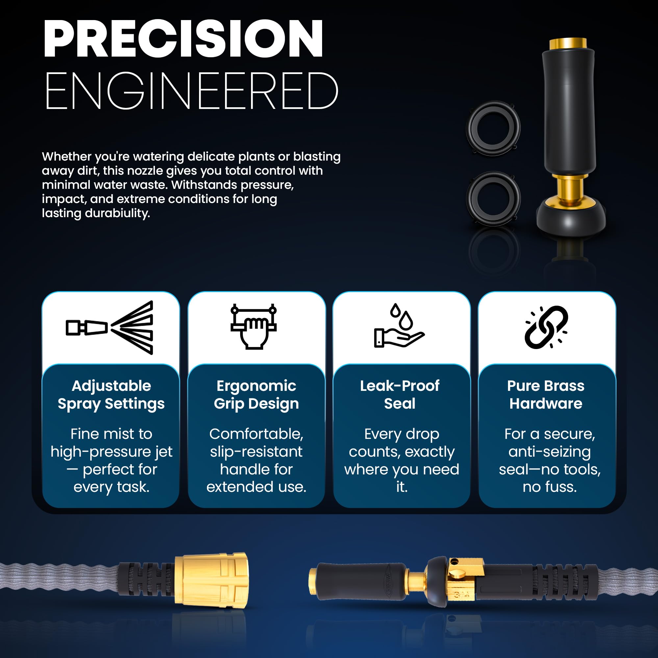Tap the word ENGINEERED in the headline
[x=191, y=91]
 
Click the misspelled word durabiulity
[x=117, y=214]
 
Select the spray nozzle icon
[x=110, y=328]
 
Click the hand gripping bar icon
[x=253, y=326]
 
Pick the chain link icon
[x=546, y=327]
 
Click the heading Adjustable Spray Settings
[x=112, y=395]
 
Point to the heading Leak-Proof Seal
[x=400, y=395]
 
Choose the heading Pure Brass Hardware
[x=546, y=395]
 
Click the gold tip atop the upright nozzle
[x=568, y=44]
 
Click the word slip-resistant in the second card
[x=256, y=452]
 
